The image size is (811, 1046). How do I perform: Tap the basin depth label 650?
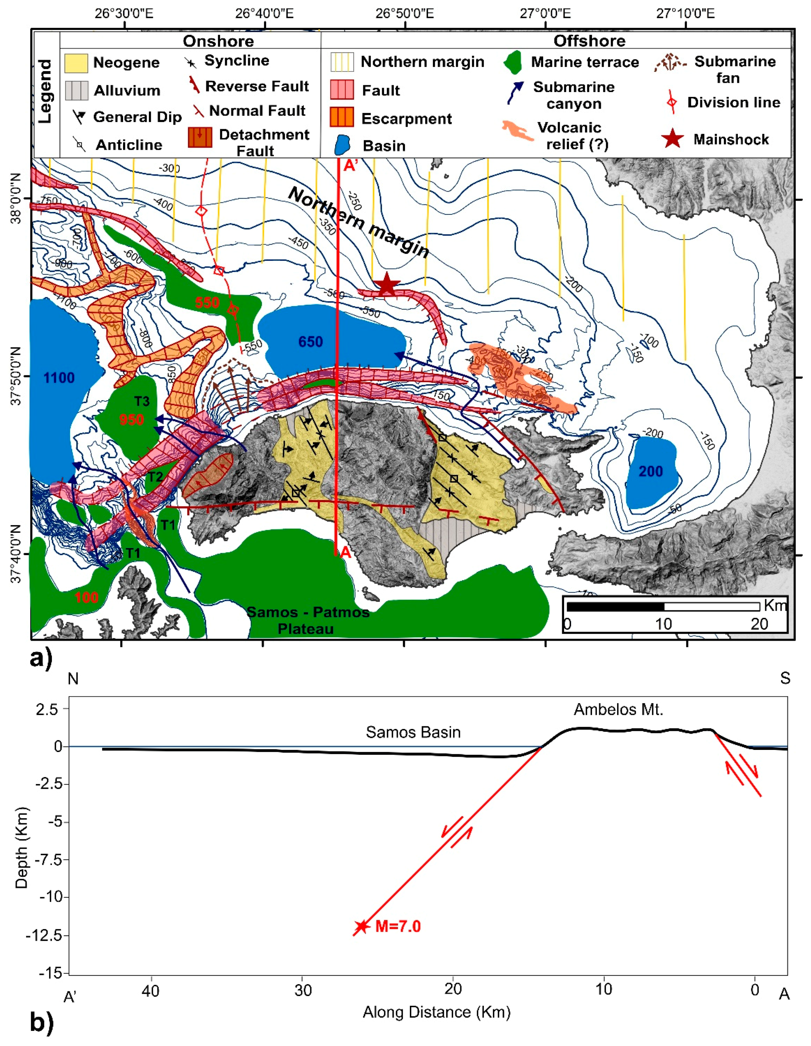[310, 342]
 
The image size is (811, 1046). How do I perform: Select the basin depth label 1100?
[59, 378]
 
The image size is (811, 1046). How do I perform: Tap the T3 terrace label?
[142, 401]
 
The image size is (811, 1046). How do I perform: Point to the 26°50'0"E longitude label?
[404, 13]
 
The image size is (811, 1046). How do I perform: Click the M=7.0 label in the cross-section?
[398, 926]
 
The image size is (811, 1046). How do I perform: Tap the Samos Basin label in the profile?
[413, 732]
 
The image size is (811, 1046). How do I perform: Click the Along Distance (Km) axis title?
[436, 1012]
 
